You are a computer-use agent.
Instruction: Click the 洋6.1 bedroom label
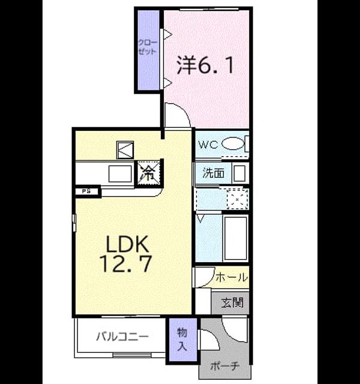[x=205, y=65]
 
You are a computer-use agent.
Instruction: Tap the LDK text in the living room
[x=127, y=244]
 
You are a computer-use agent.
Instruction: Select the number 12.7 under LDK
[x=125, y=263]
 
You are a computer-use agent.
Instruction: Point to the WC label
[x=208, y=145]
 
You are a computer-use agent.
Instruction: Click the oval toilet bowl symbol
[x=233, y=144]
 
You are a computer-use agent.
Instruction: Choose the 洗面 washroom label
[x=214, y=173]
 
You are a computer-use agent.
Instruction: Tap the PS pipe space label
[x=86, y=191]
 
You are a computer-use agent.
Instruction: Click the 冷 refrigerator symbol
[x=149, y=173]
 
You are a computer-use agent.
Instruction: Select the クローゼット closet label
[x=148, y=47]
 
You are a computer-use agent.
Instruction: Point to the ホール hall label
[x=232, y=278]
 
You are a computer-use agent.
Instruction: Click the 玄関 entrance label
[x=232, y=302]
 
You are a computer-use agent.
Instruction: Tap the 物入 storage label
[x=182, y=340]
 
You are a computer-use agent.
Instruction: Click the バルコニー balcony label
[x=122, y=337]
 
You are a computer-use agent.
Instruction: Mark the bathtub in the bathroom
[x=235, y=238]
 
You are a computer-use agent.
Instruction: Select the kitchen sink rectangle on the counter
[x=120, y=173]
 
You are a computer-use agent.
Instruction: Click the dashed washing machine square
[x=237, y=199]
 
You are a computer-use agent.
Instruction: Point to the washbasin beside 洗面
[x=239, y=173]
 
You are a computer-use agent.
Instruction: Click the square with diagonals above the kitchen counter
[x=125, y=150]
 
